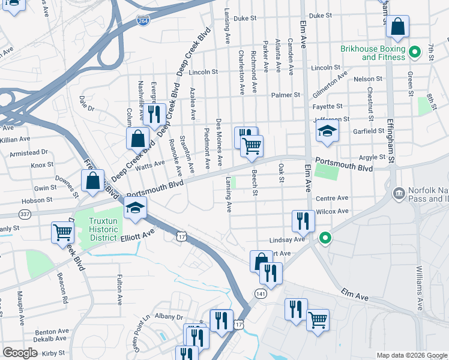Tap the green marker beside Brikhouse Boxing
[x=414, y=53]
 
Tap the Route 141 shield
[x=260, y=293]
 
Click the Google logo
[x=20, y=353]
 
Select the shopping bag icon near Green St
[x=397, y=27]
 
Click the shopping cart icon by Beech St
[x=252, y=146]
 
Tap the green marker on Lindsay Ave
[x=325, y=239]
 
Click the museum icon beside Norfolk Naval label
[x=399, y=194]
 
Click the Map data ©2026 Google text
[x=411, y=355]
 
